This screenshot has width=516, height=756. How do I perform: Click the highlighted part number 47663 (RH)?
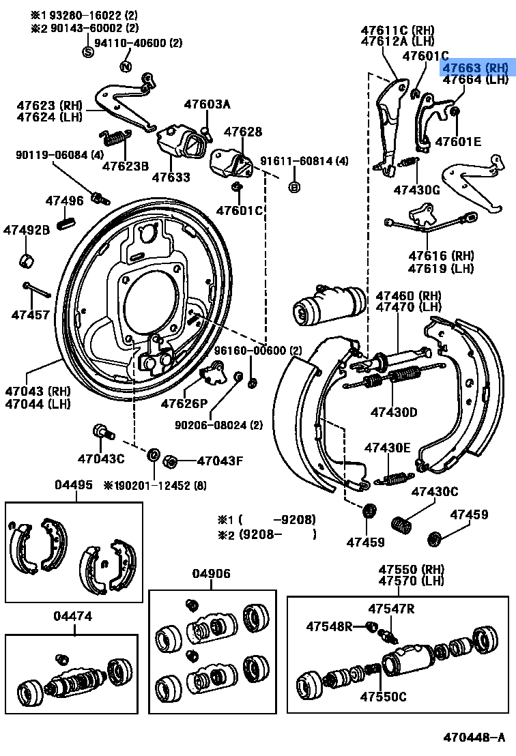pyautogui.click(x=476, y=68)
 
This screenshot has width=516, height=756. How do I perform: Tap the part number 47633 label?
pyautogui.click(x=171, y=177)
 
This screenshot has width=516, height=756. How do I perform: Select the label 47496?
pyautogui.click(x=64, y=201)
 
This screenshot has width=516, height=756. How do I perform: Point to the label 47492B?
pyautogui.click(x=27, y=230)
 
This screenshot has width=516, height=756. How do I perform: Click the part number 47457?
pyautogui.click(x=30, y=315)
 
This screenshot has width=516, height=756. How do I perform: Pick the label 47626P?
pyautogui.click(x=184, y=403)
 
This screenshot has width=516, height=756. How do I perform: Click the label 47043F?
pyautogui.click(x=220, y=461)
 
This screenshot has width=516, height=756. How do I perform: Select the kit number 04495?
pyautogui.click(x=73, y=484)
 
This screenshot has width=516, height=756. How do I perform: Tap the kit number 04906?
pyautogui.click(x=212, y=574)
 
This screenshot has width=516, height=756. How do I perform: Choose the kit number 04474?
pyautogui.click(x=73, y=616)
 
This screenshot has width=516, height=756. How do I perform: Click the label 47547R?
pyautogui.click(x=391, y=609)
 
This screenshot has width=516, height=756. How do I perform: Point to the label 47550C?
pyautogui.click(x=383, y=697)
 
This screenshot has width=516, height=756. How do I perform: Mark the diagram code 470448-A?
pyautogui.click(x=475, y=737)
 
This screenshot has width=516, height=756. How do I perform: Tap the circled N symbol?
pyautogui.click(x=125, y=66)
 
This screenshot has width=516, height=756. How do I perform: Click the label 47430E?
pyautogui.click(x=387, y=448)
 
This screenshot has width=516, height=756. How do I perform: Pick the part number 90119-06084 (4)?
pyautogui.click(x=60, y=155)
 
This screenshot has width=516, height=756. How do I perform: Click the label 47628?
pyautogui.click(x=243, y=132)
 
